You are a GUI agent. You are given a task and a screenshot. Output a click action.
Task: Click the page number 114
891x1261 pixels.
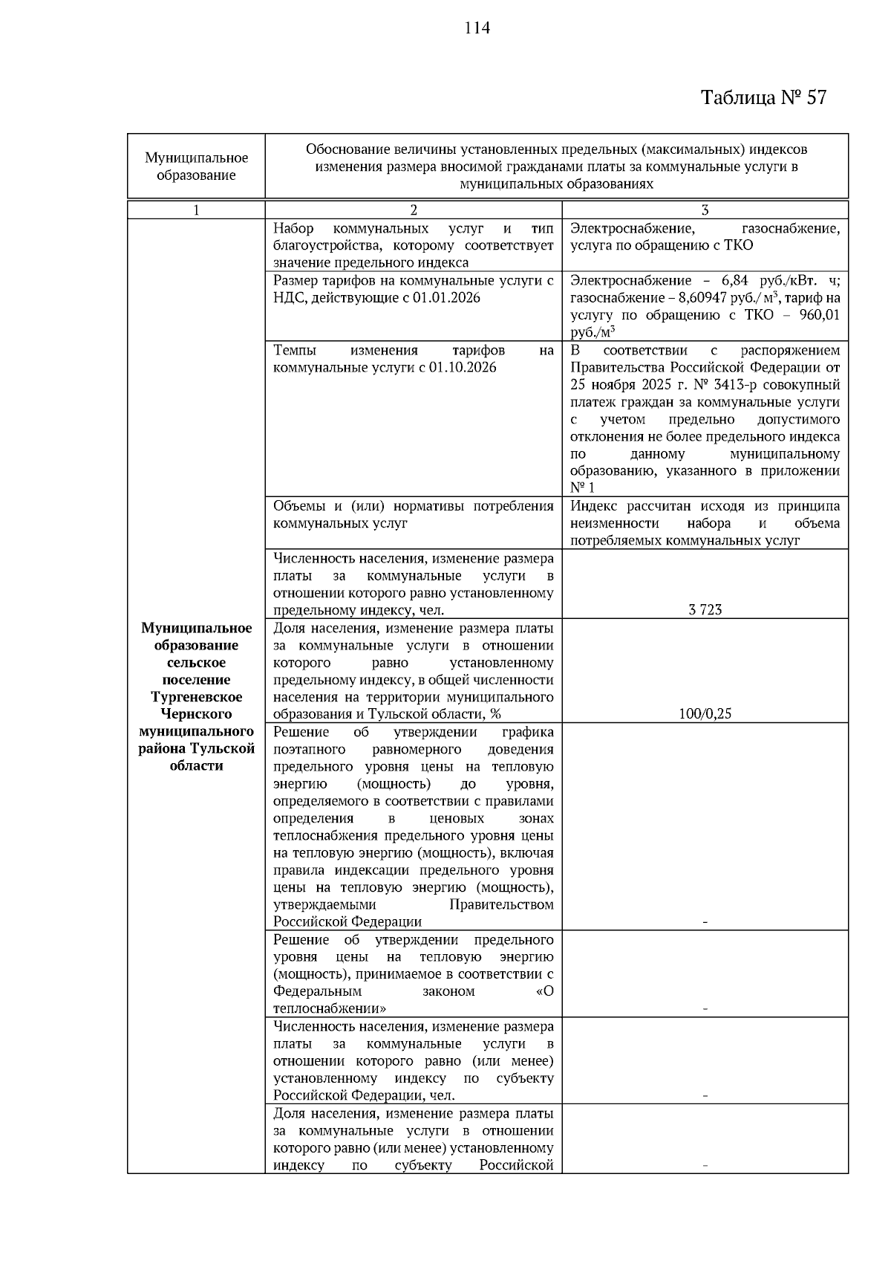[x=477, y=28]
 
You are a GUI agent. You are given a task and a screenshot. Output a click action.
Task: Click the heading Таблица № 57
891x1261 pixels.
[x=763, y=97]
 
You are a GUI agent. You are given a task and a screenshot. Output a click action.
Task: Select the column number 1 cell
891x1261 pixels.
[x=196, y=210]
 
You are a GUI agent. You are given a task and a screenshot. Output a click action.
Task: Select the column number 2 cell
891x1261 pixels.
[x=414, y=210]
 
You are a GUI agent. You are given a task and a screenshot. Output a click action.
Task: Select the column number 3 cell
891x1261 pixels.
[x=705, y=210]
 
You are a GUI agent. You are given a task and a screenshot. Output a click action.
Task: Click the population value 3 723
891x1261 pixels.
[x=705, y=610]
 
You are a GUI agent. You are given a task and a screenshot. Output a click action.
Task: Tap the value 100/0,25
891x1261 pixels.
[x=705, y=714]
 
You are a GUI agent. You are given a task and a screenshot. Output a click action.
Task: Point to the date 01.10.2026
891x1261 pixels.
[x=460, y=368]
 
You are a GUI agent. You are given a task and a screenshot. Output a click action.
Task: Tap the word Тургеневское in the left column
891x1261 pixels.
[x=196, y=697]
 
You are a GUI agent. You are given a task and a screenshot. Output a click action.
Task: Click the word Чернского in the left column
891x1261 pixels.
[x=196, y=714]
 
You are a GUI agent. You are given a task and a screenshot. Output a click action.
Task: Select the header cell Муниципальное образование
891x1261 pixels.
[x=196, y=166]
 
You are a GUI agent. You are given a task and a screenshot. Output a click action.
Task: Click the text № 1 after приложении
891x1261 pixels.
[x=582, y=487]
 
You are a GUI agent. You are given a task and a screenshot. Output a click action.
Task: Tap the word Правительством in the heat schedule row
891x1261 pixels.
[x=501, y=905]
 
